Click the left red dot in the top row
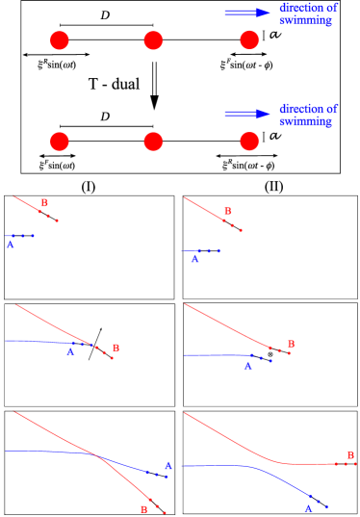[x=60, y=40]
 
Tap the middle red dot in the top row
[x=153, y=40]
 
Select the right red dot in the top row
[x=249, y=40]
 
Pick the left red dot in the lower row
[x=60, y=142]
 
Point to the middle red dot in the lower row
[x=153, y=142]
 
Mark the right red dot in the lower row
[x=249, y=142]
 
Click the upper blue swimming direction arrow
[x=248, y=13]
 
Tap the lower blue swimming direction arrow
[x=248, y=114]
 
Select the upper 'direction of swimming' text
[x=307, y=14]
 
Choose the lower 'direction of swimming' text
[x=307, y=116]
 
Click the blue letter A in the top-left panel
[x=11, y=246]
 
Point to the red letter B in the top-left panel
[x=44, y=202]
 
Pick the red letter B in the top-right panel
[x=227, y=211]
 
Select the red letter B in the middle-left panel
[x=116, y=348]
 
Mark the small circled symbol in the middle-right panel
[x=270, y=355]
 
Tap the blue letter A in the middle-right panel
[x=247, y=366]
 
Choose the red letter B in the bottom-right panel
[x=350, y=452]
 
